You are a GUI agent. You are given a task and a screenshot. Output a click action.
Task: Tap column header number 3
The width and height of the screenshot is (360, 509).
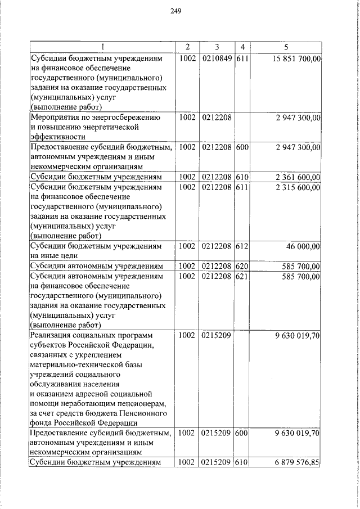216,46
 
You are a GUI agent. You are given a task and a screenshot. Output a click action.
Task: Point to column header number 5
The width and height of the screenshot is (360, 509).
286,46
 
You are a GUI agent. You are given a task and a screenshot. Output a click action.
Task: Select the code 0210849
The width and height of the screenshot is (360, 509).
216,58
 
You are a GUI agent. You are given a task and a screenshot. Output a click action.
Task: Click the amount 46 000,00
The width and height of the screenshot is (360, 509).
303,246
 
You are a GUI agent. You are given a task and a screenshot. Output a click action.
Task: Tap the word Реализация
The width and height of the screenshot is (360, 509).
52,335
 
